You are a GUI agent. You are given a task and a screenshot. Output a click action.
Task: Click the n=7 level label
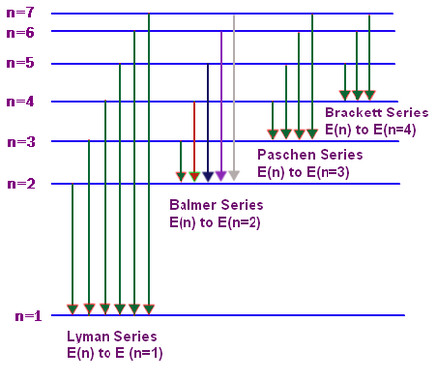[20, 12]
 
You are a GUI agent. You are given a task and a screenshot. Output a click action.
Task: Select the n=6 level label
[20, 33]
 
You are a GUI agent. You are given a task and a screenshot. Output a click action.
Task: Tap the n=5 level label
[20, 63]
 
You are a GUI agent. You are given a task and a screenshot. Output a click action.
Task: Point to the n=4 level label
[20, 101]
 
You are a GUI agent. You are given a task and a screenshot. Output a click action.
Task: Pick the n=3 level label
[21, 142]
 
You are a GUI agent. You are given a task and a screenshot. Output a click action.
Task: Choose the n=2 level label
[21, 184]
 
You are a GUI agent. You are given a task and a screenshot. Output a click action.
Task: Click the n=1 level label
[29, 316]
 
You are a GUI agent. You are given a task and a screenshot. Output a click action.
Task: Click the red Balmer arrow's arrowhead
[194, 177]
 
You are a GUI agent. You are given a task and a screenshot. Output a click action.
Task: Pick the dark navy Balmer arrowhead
[208, 177]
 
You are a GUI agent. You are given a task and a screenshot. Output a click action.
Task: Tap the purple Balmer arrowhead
[221, 176]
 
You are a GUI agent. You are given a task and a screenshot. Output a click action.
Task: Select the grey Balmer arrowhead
[234, 176]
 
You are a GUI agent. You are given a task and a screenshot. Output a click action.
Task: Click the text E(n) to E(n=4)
[371, 130]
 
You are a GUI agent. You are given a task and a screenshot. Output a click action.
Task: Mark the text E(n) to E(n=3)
[304, 172]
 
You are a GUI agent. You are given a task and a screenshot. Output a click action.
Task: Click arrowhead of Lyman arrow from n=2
[72, 310]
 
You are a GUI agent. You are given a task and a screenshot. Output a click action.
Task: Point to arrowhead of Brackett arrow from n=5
[345, 95]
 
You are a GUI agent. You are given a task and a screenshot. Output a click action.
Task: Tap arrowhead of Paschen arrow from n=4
[273, 134]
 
